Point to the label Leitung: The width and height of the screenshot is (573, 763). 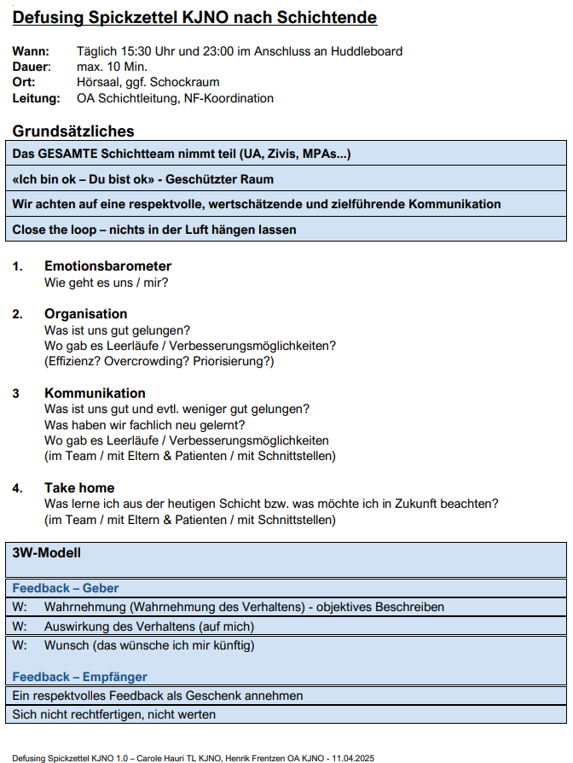coord(36,98)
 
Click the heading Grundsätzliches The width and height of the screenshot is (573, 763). coord(73,131)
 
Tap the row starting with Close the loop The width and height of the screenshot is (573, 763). coord(154,230)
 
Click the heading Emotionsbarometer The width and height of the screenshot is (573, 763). coord(108,266)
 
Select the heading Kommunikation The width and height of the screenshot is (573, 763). coord(95,393)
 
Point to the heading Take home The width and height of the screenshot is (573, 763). coord(79,488)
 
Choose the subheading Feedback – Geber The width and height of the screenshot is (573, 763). coord(66,588)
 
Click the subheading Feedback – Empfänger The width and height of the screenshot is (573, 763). coord(79,677)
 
